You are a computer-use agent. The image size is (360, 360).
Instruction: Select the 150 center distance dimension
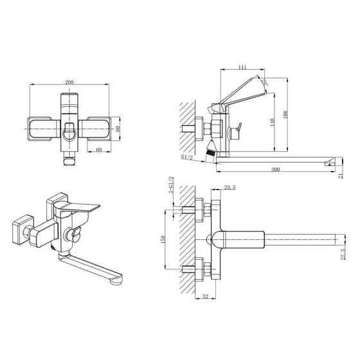[x=165, y=239]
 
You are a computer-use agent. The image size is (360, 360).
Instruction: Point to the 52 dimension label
[x=204, y=296]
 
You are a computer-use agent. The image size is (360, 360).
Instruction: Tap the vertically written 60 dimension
[x=118, y=128]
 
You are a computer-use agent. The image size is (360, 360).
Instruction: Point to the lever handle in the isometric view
[x=82, y=206]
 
